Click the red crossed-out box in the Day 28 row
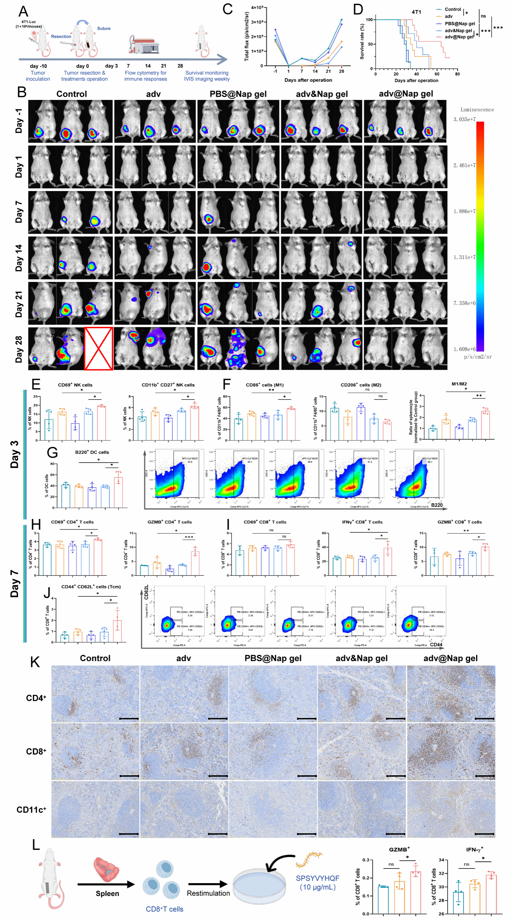click(98, 348)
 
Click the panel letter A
click(23, 12)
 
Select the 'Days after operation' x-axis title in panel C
click(308, 80)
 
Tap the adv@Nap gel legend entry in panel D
click(459, 37)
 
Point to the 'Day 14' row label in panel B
click(18, 258)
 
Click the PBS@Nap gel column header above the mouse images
click(238, 94)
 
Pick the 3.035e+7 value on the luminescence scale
click(464, 119)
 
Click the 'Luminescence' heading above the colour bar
click(477, 110)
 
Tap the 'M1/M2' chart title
click(459, 384)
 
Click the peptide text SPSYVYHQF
click(317, 878)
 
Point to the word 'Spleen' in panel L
click(107, 893)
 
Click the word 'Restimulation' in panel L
click(208, 893)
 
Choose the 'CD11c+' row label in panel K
click(31, 810)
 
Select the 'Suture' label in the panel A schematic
click(104, 29)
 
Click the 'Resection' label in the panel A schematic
click(61, 37)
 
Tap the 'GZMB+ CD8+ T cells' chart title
click(459, 522)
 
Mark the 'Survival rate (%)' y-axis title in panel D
click(362, 42)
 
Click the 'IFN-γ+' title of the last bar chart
click(474, 850)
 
